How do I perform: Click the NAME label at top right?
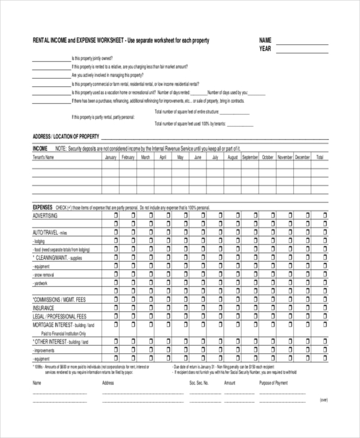265,40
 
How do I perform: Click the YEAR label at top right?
265,48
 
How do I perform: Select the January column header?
110,157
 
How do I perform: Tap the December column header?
302,157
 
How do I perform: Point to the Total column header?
320,157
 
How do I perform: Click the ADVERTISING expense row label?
45,215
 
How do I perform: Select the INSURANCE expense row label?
43,307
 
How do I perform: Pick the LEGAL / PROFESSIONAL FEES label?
59,316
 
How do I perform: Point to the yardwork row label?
41,283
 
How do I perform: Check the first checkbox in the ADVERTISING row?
115,215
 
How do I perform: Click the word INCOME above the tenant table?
40,148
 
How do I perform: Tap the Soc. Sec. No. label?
199,382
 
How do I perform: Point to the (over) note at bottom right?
323,399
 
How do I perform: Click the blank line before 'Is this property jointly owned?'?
51,60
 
